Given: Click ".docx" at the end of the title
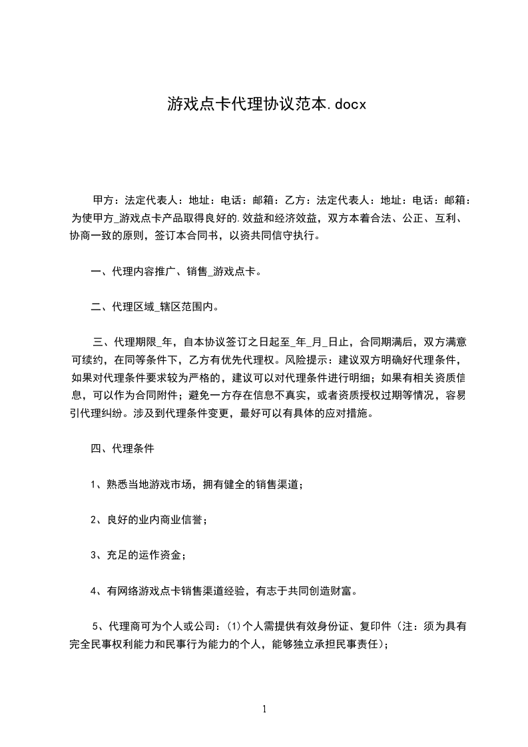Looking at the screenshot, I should [346, 104].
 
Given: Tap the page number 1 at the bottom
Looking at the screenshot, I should [264, 710].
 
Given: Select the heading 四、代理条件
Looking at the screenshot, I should [123, 449].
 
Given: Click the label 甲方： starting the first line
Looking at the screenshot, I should [107, 200].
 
